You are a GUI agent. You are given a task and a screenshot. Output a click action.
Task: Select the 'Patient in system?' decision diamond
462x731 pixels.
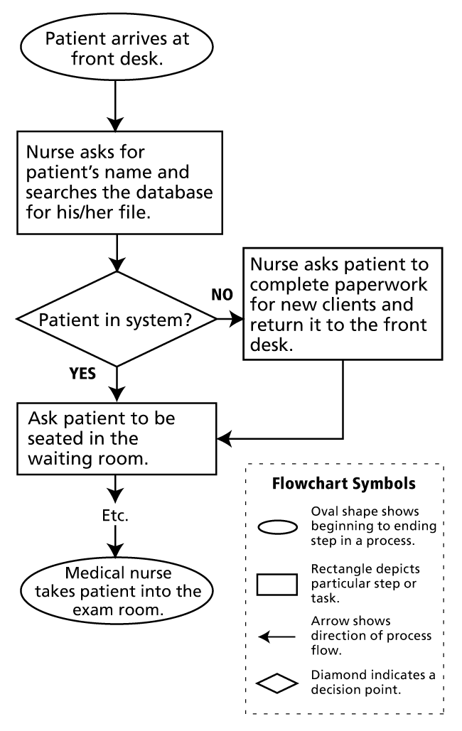[x=115, y=320]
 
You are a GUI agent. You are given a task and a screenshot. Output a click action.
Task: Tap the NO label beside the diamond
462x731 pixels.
[x=222, y=295]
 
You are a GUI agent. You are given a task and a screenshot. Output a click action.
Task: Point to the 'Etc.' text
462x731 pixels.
[x=115, y=516]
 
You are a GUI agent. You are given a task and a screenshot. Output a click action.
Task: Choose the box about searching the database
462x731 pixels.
[x=115, y=183]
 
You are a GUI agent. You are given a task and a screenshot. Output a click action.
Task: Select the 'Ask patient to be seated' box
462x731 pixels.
[x=115, y=438]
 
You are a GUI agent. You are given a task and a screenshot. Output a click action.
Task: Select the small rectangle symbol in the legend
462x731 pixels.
[x=276, y=582]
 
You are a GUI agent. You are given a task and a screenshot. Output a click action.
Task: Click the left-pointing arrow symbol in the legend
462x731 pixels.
[x=276, y=637]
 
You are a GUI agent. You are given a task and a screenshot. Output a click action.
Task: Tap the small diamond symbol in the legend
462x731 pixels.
[x=276, y=686]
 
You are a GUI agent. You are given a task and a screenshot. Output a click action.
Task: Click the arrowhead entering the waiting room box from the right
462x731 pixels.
[x=222, y=438]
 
